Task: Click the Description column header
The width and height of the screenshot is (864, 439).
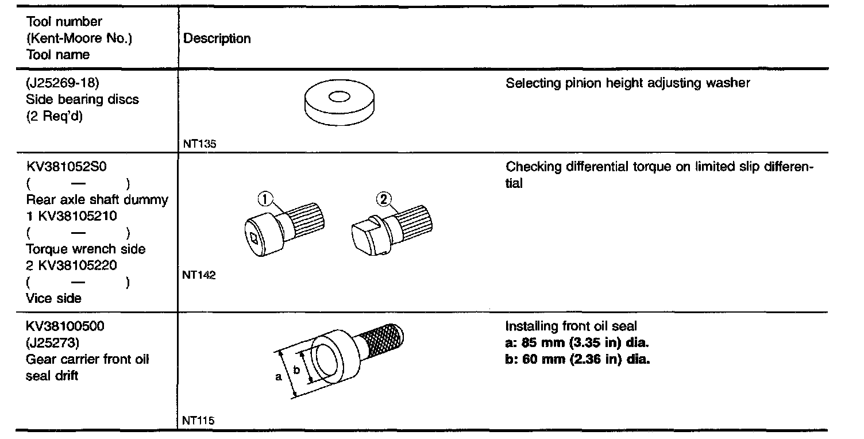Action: (217, 38)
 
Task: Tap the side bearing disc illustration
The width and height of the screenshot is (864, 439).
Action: (337, 105)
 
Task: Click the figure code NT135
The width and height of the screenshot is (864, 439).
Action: (199, 145)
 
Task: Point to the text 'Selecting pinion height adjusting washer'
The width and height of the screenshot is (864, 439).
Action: (627, 83)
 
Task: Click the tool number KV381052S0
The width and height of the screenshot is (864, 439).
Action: (67, 167)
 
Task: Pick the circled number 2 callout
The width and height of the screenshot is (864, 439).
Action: (384, 199)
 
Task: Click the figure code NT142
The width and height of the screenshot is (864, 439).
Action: (199, 275)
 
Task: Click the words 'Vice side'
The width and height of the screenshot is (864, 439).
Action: (54, 298)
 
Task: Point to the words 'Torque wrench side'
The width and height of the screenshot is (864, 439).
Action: (86, 249)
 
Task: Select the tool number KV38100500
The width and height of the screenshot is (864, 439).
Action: (65, 326)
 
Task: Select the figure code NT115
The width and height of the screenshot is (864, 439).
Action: (198, 421)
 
